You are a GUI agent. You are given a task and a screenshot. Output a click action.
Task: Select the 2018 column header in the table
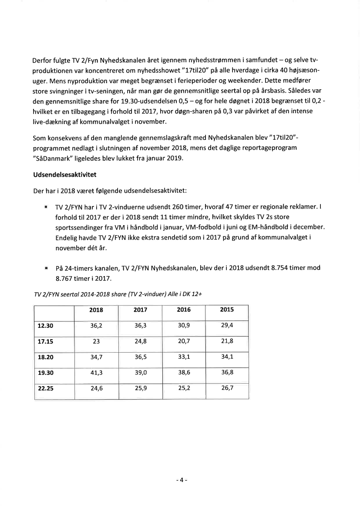coord(96,310)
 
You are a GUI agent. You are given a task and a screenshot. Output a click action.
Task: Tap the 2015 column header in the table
coord(227,310)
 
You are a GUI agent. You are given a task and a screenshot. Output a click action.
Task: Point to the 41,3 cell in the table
coord(96,373)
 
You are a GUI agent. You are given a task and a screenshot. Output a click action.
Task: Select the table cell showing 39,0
coord(140,373)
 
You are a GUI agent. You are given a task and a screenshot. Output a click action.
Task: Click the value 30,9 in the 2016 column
coord(184,325)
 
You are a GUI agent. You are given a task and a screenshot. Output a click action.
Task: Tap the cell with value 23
coord(96,341)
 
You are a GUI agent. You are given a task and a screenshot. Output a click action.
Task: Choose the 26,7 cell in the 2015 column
coord(227,389)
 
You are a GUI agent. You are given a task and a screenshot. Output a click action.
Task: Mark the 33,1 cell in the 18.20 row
coord(184,357)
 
